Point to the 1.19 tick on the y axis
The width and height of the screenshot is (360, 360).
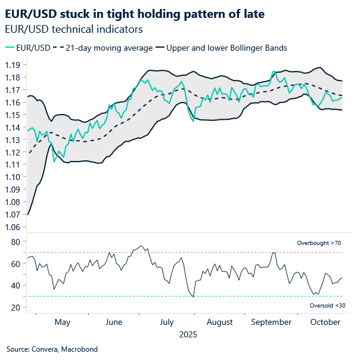[14, 64]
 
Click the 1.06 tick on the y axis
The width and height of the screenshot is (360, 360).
[14, 227]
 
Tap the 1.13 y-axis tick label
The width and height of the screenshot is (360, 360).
[14, 139]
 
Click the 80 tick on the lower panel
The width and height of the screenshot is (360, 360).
[16, 242]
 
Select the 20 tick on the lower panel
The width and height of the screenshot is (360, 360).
[16, 308]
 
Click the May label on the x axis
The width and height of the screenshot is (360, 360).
[62, 322]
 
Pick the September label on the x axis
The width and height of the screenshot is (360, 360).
[271, 322]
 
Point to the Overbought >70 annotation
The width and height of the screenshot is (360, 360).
[319, 243]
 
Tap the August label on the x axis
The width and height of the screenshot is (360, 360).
[219, 322]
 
